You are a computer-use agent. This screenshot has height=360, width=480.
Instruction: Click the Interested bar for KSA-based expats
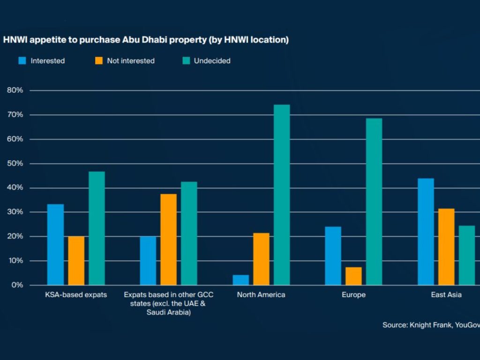(x=55, y=244)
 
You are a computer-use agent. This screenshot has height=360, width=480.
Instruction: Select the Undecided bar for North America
(x=282, y=195)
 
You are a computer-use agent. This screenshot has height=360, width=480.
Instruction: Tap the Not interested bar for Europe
(x=353, y=276)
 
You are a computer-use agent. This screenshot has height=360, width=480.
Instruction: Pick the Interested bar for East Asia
(x=426, y=232)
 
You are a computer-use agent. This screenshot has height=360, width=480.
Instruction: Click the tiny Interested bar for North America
(x=240, y=280)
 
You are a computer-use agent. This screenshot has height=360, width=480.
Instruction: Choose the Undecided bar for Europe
(x=374, y=202)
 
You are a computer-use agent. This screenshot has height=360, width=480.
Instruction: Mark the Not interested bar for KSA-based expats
(x=76, y=261)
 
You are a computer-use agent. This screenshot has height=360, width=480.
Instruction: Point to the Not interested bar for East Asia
(x=446, y=247)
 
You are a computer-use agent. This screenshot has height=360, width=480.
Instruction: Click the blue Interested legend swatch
(x=22, y=60)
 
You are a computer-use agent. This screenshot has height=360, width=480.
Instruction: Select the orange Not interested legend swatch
(x=98, y=60)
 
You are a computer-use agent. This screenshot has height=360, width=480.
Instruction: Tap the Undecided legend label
(x=212, y=60)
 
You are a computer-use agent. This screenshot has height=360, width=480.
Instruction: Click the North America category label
(x=261, y=295)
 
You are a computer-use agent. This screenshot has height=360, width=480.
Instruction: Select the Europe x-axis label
(x=353, y=295)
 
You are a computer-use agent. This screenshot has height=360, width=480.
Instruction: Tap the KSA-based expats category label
(x=76, y=295)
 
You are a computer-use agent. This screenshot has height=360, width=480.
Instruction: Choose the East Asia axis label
(x=446, y=295)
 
